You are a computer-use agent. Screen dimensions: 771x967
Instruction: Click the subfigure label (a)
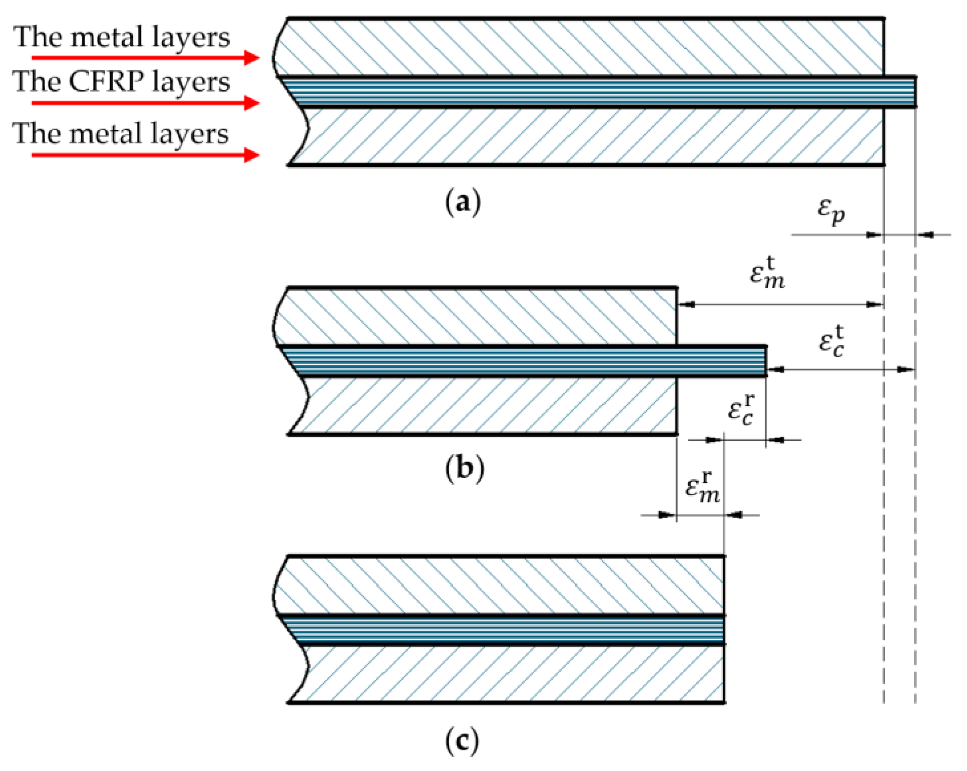(x=463, y=203)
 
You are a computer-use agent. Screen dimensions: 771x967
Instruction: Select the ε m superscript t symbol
(x=767, y=274)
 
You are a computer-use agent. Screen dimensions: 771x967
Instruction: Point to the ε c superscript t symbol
(x=831, y=343)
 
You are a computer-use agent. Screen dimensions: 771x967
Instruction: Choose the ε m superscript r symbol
(x=703, y=489)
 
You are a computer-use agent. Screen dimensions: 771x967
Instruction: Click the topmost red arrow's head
(x=252, y=58)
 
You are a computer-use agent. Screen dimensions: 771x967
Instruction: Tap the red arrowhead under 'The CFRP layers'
(x=252, y=103)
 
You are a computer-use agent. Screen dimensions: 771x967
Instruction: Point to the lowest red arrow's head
(x=252, y=155)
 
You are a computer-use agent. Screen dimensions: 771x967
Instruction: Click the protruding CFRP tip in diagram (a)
(x=900, y=92)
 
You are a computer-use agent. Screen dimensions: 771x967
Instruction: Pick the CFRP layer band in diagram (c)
(x=507, y=630)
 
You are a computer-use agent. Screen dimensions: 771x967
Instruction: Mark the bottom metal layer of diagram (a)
(x=583, y=136)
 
